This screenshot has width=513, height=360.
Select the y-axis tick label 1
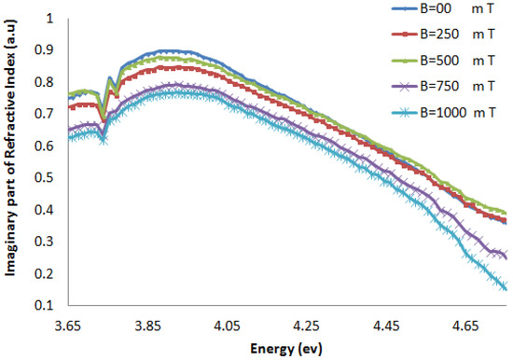click(x=50, y=19)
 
